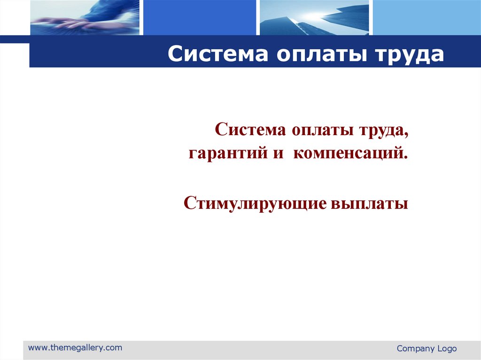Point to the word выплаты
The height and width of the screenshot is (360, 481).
click(370, 204)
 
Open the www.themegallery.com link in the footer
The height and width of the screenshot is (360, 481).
click(75, 348)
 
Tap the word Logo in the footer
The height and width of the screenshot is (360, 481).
click(447, 349)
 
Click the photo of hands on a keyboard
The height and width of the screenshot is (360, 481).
click(85, 17)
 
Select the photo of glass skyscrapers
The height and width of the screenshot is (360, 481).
click(314, 17)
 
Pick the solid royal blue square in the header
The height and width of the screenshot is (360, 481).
click(199, 17)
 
